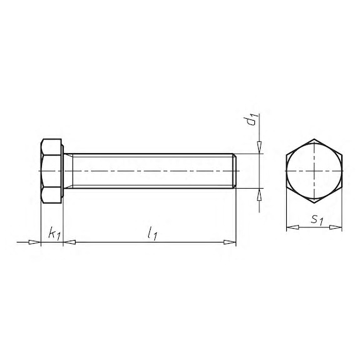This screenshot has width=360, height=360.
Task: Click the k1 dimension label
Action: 54,234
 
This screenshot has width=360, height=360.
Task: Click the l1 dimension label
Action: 152,233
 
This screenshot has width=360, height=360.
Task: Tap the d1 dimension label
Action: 251,120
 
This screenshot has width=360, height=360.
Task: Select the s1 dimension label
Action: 317,220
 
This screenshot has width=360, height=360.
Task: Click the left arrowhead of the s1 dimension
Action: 292,227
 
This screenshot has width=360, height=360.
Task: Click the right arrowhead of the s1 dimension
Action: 336,227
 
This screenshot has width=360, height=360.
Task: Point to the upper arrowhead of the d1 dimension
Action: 259,147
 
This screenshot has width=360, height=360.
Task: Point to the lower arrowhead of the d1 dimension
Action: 259,194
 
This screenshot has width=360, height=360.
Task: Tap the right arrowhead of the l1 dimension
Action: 230,242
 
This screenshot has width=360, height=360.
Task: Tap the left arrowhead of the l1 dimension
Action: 69,242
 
